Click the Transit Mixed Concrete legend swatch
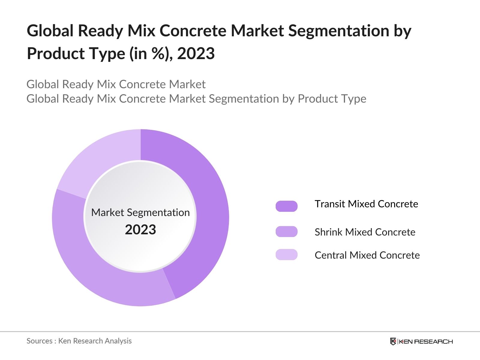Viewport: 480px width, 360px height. click(286, 206)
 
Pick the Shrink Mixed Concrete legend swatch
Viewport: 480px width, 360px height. click(286, 232)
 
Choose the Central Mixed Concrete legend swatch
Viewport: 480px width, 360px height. click(286, 254)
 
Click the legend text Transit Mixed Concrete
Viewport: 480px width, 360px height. click(366, 204)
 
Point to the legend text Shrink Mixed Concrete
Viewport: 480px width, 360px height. click(365, 232)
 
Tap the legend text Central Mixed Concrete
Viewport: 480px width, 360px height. click(367, 255)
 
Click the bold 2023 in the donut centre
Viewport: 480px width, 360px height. click(140, 230)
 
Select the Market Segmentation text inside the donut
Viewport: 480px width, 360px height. click(140, 212)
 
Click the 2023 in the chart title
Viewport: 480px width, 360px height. click(196, 54)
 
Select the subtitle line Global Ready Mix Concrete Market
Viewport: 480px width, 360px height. click(116, 84)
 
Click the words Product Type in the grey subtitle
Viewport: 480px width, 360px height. click(332, 99)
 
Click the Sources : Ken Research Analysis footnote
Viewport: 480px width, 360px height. click(79, 341)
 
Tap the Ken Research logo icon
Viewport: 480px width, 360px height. click(393, 341)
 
